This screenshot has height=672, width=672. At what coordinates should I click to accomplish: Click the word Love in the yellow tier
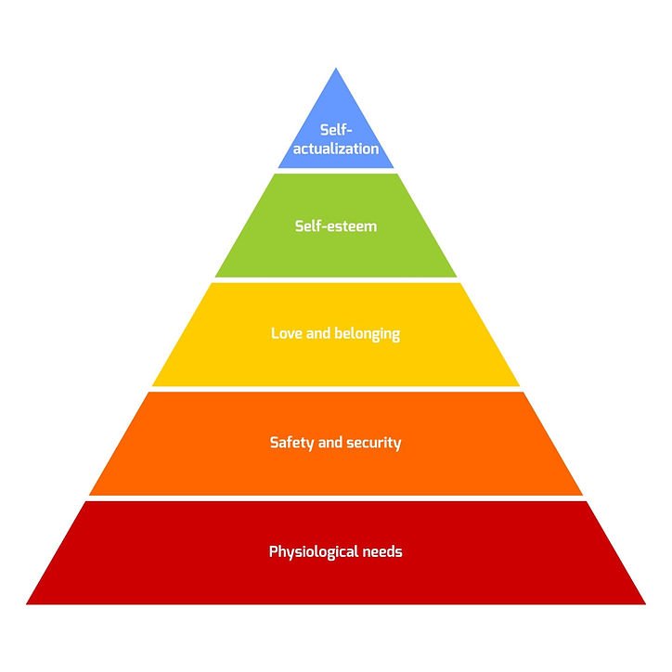point(287,332)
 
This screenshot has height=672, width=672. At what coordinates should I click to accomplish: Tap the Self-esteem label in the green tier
point(335,226)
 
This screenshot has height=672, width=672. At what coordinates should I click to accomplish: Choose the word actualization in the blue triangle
point(336,148)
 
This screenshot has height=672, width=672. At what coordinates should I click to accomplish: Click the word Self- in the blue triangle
point(335,130)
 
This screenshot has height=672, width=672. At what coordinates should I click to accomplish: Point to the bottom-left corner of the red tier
point(27,603)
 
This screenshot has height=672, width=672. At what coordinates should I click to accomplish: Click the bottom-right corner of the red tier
point(645,603)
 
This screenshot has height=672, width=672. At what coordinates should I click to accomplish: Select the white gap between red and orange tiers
point(336,498)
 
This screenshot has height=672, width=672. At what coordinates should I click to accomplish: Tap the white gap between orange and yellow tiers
point(336,389)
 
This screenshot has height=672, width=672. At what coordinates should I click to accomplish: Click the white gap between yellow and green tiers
point(336,279)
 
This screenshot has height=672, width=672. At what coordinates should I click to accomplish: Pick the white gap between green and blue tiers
point(336,171)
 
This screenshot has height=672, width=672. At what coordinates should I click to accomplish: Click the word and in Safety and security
point(330,443)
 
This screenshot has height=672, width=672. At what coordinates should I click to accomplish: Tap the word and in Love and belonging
point(318,332)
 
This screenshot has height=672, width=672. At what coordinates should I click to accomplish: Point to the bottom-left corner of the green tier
point(215,277)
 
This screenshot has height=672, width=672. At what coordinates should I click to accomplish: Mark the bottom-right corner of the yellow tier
point(520,385)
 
